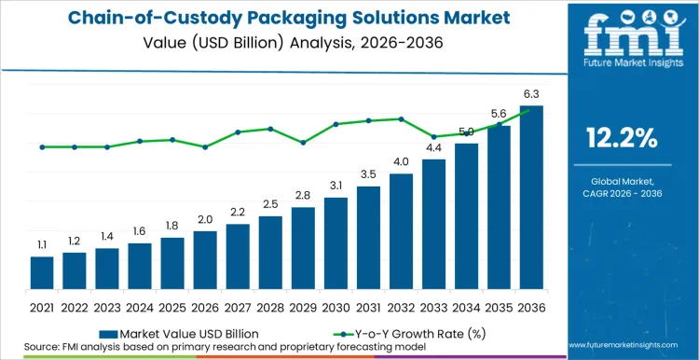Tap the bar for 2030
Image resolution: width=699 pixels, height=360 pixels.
(x=336, y=243)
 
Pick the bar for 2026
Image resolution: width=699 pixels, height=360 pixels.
(x=205, y=260)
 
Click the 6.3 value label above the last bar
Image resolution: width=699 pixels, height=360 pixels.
(x=531, y=93)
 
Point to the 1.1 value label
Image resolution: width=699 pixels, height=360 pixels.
(x=42, y=244)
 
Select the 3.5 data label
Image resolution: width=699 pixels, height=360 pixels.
(x=368, y=174)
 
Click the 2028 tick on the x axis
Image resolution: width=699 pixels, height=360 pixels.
(x=270, y=307)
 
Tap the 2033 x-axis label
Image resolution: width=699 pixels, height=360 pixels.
(x=433, y=307)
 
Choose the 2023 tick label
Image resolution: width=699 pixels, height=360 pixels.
(x=107, y=307)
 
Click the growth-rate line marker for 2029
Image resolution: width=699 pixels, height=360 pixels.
(x=303, y=143)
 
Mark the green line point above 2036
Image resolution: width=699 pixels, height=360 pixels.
(x=531, y=110)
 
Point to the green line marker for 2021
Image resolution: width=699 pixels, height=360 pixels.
(x=42, y=146)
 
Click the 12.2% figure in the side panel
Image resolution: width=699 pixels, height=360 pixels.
(x=622, y=139)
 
